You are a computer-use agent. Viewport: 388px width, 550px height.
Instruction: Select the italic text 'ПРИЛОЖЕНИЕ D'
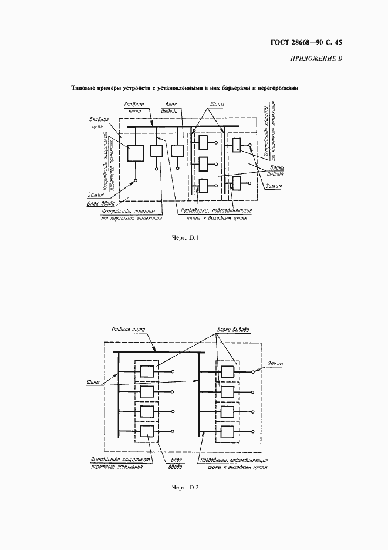click(x=316, y=58)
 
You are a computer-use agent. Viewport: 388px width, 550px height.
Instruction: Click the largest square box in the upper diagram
click(x=136, y=153)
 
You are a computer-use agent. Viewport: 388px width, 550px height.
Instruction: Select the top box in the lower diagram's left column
click(x=146, y=372)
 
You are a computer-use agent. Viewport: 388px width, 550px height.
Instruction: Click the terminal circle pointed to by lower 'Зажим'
click(x=253, y=372)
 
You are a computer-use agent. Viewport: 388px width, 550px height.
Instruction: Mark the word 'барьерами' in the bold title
click(x=232, y=89)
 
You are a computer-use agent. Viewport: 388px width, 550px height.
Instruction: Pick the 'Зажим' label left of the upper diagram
click(x=95, y=194)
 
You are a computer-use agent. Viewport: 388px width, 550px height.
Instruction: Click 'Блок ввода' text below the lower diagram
click(x=175, y=464)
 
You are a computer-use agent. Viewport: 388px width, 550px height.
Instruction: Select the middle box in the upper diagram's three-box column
click(x=204, y=163)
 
